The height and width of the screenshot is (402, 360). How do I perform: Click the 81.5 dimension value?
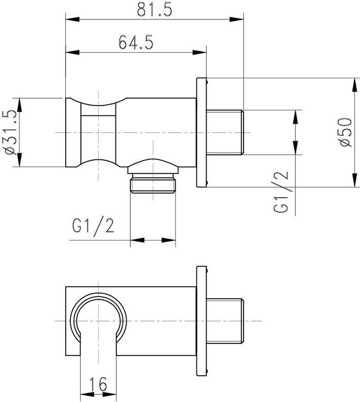(x=154, y=10)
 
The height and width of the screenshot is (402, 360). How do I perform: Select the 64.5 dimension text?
(x=136, y=43)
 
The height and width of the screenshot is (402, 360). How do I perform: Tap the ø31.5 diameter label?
(x=11, y=132)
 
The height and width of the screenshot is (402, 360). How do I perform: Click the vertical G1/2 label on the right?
(x=281, y=192)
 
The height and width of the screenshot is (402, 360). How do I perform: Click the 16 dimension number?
(x=98, y=384)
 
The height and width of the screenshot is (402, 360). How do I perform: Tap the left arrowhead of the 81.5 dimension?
(x=73, y=19)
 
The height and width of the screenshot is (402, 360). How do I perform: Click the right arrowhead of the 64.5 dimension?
(x=199, y=52)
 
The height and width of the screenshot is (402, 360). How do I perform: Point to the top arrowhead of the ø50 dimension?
(x=355, y=85)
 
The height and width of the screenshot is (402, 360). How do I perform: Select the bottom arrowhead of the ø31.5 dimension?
(x=20, y=160)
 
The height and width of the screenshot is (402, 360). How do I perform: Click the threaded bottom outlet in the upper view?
(x=153, y=183)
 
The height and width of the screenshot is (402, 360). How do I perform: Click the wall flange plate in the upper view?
(x=201, y=132)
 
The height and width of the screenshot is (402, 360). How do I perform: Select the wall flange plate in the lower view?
(x=201, y=321)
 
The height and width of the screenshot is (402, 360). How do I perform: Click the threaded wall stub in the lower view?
(x=225, y=321)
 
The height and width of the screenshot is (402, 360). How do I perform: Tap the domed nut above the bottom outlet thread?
(x=153, y=166)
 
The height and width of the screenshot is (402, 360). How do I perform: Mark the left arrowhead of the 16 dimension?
(x=87, y=394)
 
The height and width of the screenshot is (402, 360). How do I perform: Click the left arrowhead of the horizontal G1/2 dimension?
(x=137, y=240)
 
